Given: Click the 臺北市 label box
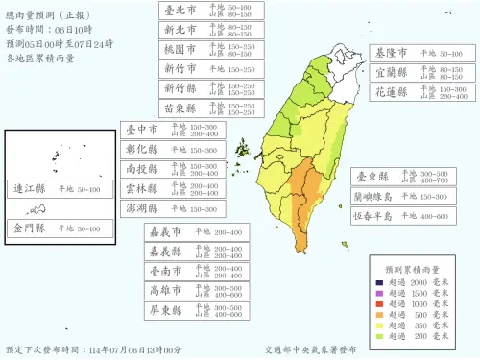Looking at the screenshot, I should click(x=179, y=11).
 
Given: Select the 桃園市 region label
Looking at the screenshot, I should click(x=179, y=48).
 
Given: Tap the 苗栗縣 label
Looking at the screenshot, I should click(x=179, y=108).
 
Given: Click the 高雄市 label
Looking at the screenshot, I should click(x=166, y=290).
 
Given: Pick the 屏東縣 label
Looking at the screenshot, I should click(x=166, y=310).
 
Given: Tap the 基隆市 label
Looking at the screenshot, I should click(x=392, y=54).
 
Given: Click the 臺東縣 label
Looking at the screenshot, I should click(x=372, y=177).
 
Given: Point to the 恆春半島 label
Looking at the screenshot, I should click(x=376, y=216).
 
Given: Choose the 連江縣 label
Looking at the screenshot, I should click(x=28, y=190).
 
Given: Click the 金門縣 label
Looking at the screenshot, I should click(x=28, y=228).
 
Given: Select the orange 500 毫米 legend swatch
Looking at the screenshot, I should click(x=380, y=315).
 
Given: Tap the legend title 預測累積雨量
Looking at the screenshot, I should click(x=412, y=269).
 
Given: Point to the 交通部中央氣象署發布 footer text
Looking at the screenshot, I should click(x=318, y=350).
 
